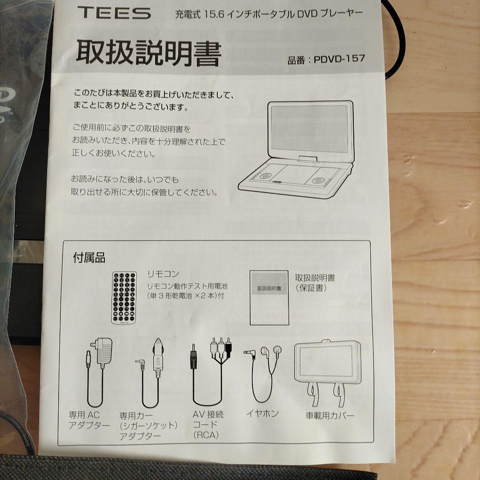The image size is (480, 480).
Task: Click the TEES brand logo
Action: [x=114, y=13]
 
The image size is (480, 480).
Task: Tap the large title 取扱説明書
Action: [x=148, y=52]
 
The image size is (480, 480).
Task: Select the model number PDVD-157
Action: [x=339, y=59]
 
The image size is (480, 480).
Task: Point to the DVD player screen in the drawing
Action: [x=309, y=128]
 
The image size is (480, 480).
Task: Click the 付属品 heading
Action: [x=89, y=258]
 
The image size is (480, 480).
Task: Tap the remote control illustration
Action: [x=124, y=298]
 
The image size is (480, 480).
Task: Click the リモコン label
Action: [x=163, y=274]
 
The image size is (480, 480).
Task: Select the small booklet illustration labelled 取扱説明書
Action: [x=269, y=297]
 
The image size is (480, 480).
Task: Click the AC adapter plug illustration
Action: [x=100, y=372]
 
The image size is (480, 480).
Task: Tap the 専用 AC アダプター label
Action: [x=89, y=420]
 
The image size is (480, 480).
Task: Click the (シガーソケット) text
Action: [x=148, y=425]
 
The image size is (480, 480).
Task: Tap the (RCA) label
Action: [x=206, y=435]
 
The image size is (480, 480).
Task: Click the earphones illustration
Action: [x=263, y=373]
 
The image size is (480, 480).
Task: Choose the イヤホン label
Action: [x=263, y=414]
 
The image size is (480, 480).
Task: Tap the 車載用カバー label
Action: [x=330, y=416]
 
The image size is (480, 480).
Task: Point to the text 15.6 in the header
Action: [x=214, y=14]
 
